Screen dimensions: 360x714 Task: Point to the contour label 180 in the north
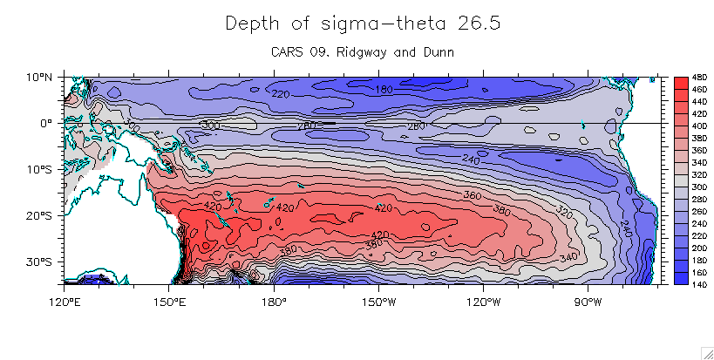click(384, 89)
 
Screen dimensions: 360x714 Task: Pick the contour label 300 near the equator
click(210, 126)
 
